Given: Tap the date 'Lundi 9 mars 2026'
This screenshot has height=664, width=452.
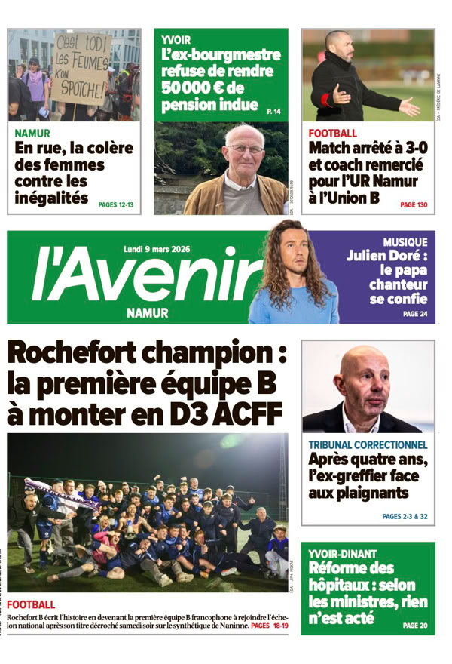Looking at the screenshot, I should pos(157,248).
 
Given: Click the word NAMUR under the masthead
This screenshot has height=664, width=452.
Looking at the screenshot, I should pos(148,312).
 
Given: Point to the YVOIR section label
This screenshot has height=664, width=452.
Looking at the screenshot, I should pos(176,40).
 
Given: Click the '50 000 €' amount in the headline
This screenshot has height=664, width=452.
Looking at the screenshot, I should pos(192,88).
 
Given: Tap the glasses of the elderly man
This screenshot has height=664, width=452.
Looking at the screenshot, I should pos(247,149).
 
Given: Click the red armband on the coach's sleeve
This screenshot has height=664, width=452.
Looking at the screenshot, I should pos(325,100).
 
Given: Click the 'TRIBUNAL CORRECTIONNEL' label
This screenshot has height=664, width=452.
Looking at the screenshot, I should pos(368,445).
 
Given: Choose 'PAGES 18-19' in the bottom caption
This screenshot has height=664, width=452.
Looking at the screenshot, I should pos(270,626).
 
